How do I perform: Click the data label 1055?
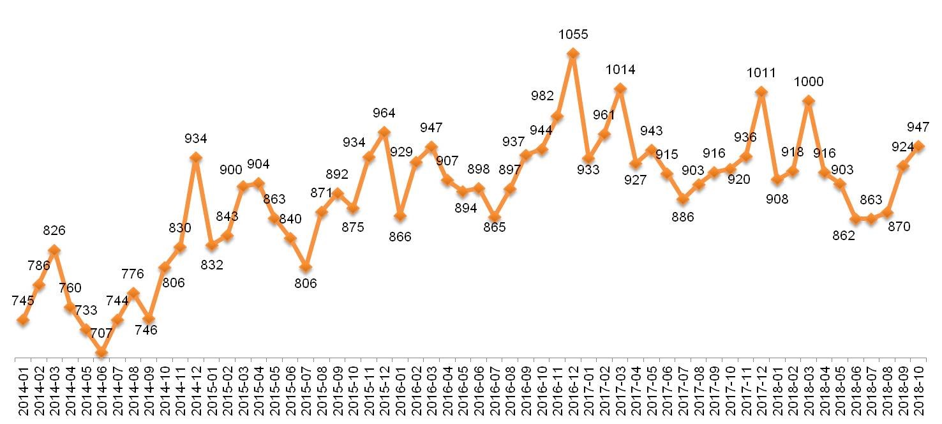[x=572, y=34]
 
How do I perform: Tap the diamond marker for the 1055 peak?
[x=572, y=54]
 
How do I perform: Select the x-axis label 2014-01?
[x=24, y=391]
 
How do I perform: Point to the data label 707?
[x=101, y=333]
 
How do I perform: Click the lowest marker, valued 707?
[x=101, y=352]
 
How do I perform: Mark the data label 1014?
[x=620, y=70]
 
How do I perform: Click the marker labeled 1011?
[x=761, y=92]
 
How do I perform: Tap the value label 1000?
[x=809, y=82]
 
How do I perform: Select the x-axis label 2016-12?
[x=572, y=391]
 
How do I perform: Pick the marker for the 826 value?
[x=54, y=250]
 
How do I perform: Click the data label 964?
[x=384, y=113]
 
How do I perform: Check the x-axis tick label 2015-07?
[x=306, y=391]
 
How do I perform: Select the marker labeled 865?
[x=494, y=217]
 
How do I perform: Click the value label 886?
[x=682, y=217]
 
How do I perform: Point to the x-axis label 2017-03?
[x=620, y=391]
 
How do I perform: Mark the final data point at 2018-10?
[x=920, y=146]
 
